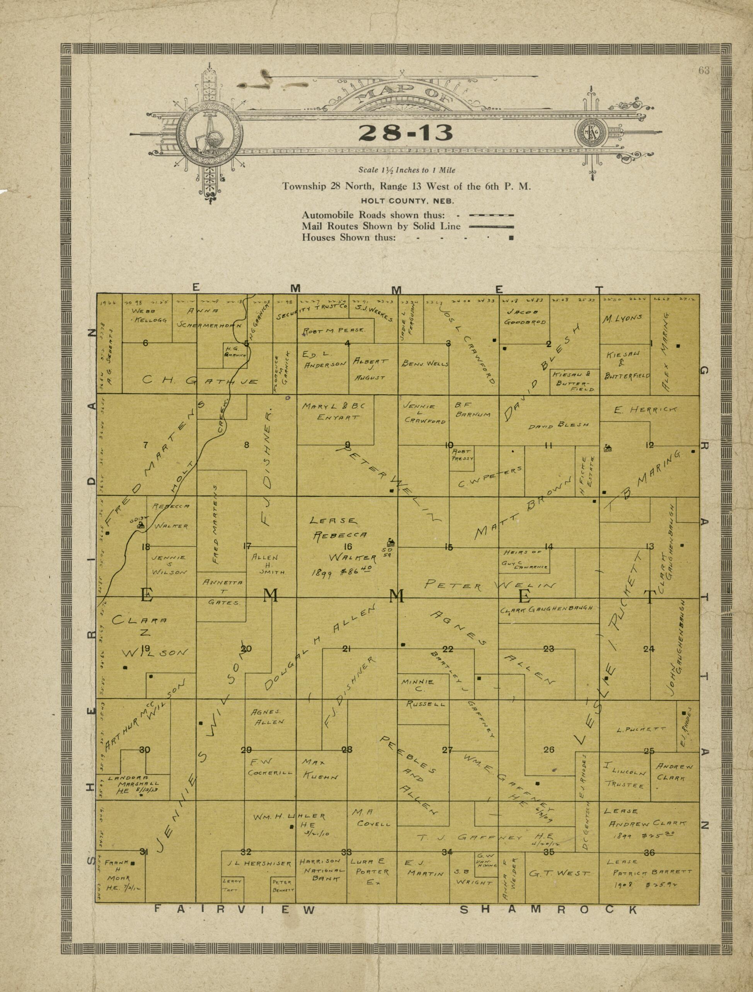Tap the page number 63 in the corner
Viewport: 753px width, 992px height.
tap(704, 70)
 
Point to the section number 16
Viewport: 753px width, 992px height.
tap(348, 546)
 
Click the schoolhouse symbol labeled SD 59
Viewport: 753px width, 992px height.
tap(391, 542)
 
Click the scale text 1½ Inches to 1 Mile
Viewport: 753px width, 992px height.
tap(406, 170)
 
